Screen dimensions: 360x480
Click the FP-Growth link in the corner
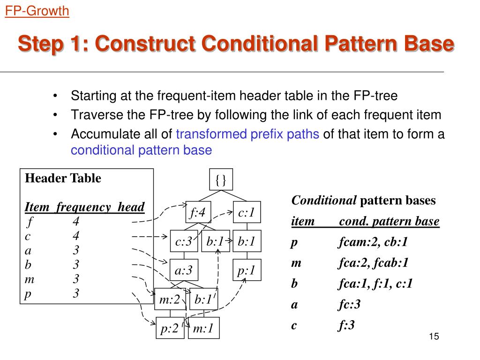coord(37,11)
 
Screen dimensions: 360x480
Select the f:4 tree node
coord(197,213)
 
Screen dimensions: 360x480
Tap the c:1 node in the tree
coord(247,213)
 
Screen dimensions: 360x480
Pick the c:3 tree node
coord(184,242)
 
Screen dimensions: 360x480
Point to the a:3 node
coord(184,270)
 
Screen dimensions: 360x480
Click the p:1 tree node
coord(247,270)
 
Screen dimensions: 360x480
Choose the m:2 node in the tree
coord(170,300)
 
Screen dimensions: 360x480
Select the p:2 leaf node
coord(170,329)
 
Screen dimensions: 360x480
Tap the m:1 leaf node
coord(203,329)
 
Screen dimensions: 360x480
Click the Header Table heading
coord(63,178)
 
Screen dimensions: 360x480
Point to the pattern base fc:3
coord(349,305)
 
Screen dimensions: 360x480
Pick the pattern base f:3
coord(346,325)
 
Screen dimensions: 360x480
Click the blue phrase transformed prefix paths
coord(247,135)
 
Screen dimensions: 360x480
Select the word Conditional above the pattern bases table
coord(324,201)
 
